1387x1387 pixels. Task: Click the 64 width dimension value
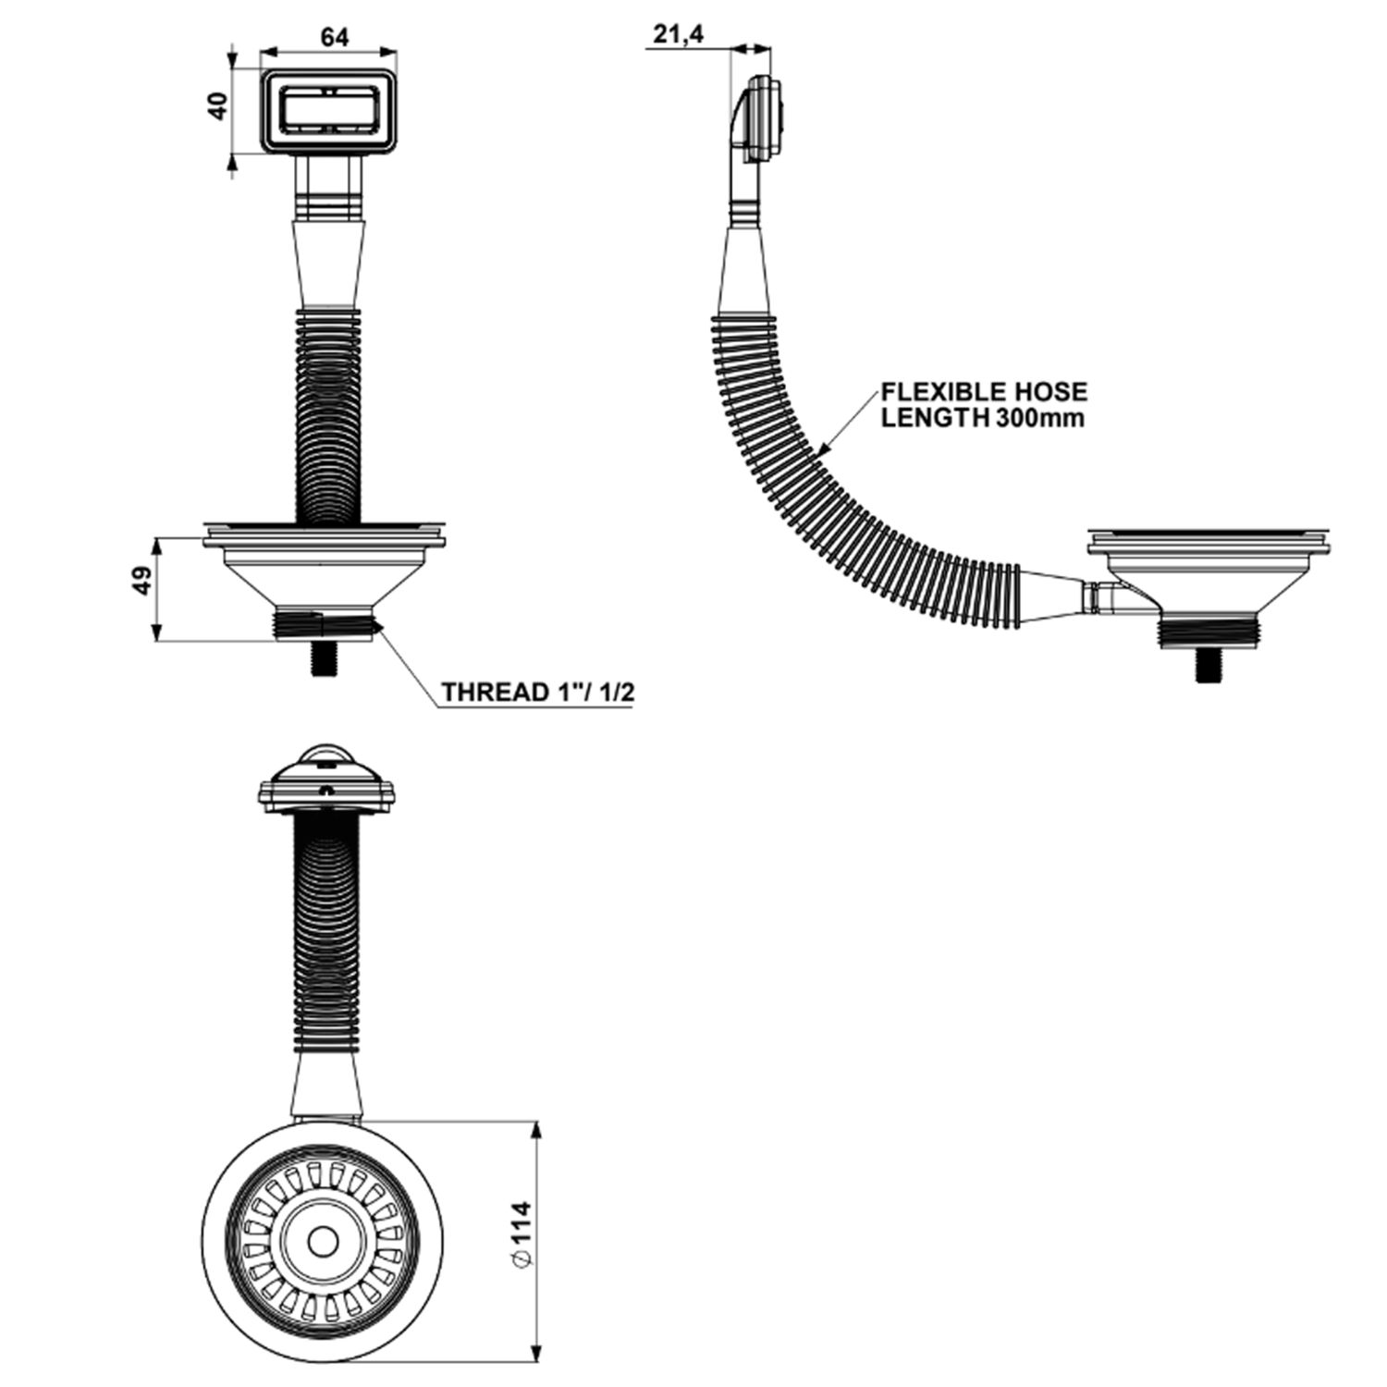click(x=335, y=37)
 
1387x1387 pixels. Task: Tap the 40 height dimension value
click(x=218, y=106)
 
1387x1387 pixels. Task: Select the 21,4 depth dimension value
click(x=679, y=35)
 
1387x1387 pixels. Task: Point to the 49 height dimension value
click(x=144, y=583)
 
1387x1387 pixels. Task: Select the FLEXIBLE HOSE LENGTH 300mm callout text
click(x=984, y=404)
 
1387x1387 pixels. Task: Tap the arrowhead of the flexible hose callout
click(x=823, y=449)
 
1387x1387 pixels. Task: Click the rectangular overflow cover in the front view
click(x=328, y=112)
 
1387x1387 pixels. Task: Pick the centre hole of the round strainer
click(x=323, y=1242)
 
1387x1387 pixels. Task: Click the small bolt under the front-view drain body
click(x=323, y=657)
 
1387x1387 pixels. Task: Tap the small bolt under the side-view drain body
click(x=1206, y=665)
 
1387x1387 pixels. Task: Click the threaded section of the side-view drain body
click(x=1206, y=632)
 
